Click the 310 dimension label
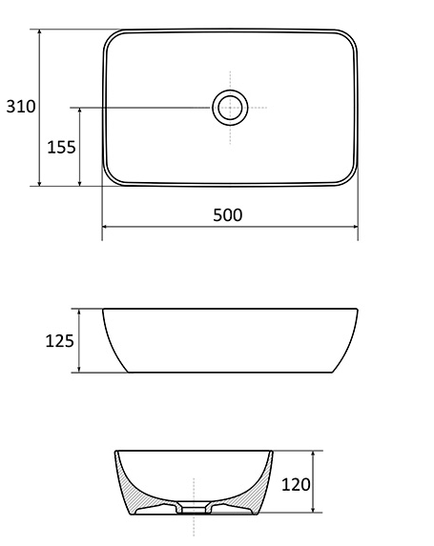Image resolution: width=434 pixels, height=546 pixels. pos(21,106)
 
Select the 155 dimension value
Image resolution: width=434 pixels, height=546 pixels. pos(61,148)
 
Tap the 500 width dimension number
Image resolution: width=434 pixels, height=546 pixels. pos(228,215)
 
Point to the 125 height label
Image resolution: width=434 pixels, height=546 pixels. pos(59,341)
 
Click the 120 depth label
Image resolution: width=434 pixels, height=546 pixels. pos(296,485)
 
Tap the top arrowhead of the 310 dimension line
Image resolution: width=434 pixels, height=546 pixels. pos(39,32)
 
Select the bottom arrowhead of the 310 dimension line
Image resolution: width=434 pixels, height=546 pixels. pos(39,183)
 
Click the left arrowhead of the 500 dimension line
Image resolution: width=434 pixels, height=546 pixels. pos(105,227)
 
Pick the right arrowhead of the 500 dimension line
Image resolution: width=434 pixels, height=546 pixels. pos(355,227)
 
